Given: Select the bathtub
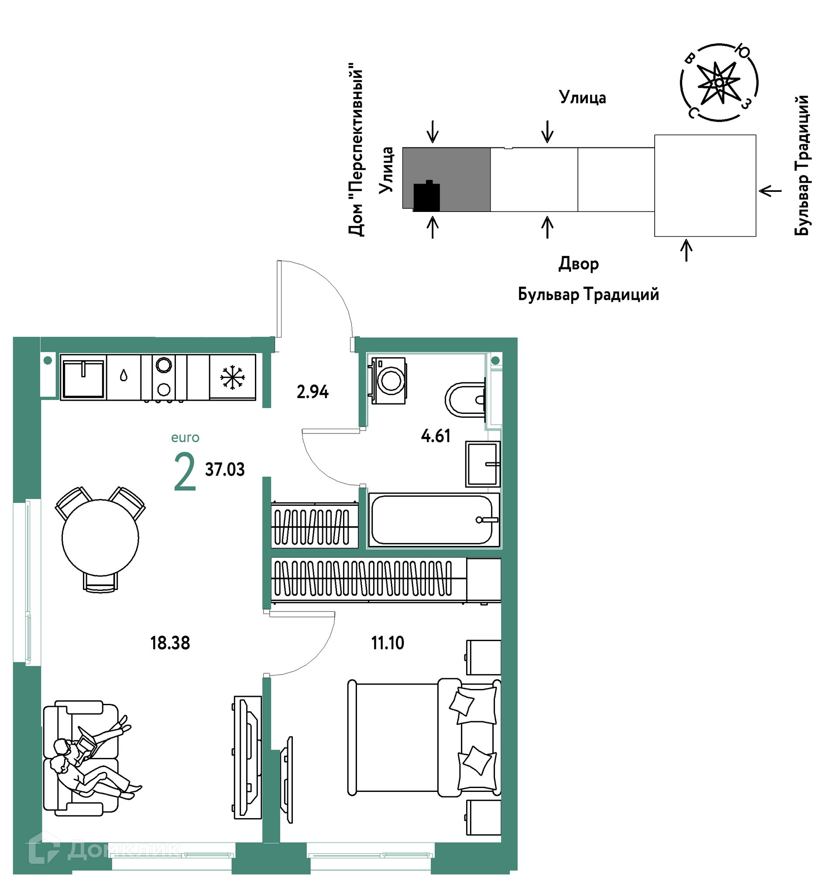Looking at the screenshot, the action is [x=434, y=520].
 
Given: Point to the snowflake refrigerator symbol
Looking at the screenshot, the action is [x=232, y=377].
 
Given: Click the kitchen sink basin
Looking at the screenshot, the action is [x=83, y=379].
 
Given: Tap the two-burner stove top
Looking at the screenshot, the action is [x=164, y=378].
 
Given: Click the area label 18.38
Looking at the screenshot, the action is [x=170, y=643].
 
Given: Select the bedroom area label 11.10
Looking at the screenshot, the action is [x=388, y=643].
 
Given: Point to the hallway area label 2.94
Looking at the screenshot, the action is [x=313, y=392].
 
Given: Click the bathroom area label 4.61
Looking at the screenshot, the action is [x=436, y=436].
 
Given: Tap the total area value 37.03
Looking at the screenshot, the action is [x=225, y=470].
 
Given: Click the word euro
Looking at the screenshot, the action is [x=185, y=437].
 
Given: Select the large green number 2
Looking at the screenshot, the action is [x=185, y=471].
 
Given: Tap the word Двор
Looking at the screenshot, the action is [x=578, y=264].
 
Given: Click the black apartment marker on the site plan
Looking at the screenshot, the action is [x=426, y=196].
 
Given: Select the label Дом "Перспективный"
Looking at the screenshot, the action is [x=356, y=149].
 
